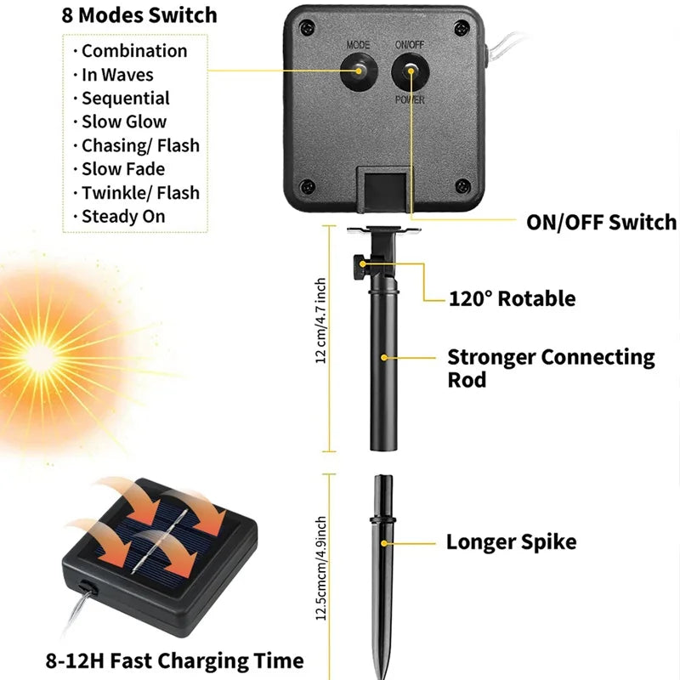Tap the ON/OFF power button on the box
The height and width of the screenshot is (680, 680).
[410, 71]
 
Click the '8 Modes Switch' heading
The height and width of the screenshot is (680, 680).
[139, 15]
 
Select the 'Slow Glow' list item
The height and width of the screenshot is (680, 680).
[124, 122]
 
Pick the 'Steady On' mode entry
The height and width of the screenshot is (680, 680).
[123, 216]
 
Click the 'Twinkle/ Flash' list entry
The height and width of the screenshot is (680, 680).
[140, 192]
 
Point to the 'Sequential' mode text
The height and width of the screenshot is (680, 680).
[126, 98]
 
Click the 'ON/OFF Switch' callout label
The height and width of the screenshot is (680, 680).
[601, 223]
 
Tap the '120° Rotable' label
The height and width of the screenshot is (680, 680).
[512, 298]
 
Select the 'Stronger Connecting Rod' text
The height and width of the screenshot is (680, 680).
[551, 367]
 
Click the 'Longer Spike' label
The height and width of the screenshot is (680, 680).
[511, 541]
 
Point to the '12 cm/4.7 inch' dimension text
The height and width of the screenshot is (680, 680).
[321, 320]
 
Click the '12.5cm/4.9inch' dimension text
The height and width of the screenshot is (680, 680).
[321, 567]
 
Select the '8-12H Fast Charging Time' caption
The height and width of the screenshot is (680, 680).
[176, 660]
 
